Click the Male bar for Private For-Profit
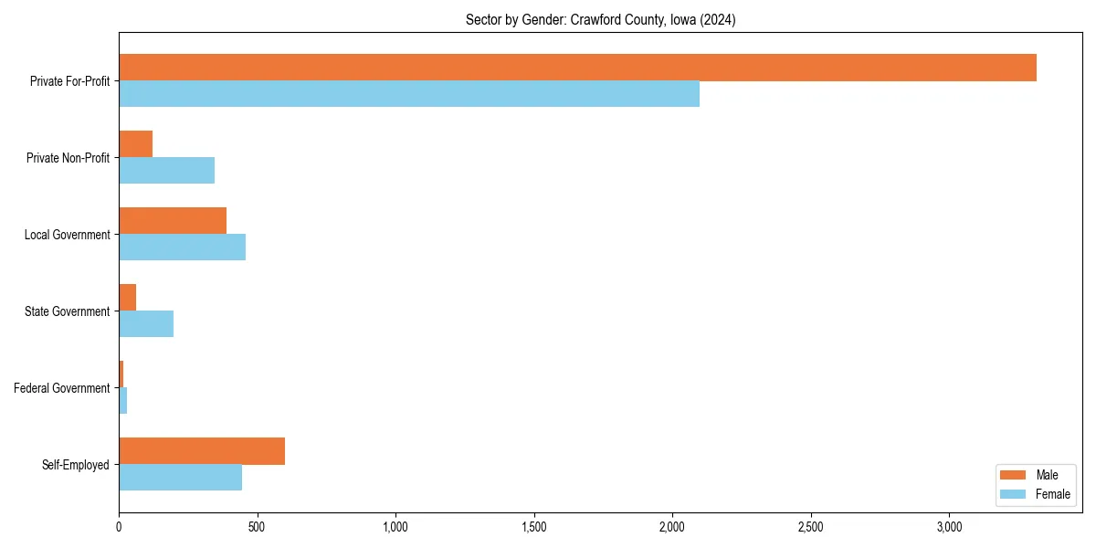tap(577, 68)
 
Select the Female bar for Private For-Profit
tap(409, 94)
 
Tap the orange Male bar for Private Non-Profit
tap(135, 144)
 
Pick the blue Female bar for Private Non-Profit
tap(166, 171)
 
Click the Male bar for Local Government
tap(173, 221)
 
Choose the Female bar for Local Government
tap(182, 248)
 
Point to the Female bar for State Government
tap(146, 324)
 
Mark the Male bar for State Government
tap(128, 298)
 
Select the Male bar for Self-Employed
tap(202, 451)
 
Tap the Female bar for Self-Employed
tap(180, 478)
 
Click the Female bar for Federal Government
tap(123, 401)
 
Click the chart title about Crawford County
tap(600, 20)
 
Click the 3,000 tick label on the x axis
tap(949, 527)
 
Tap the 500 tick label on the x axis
tap(257, 527)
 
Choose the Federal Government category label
tap(62, 388)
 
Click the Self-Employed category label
tap(76, 465)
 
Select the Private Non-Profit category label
tap(68, 158)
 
